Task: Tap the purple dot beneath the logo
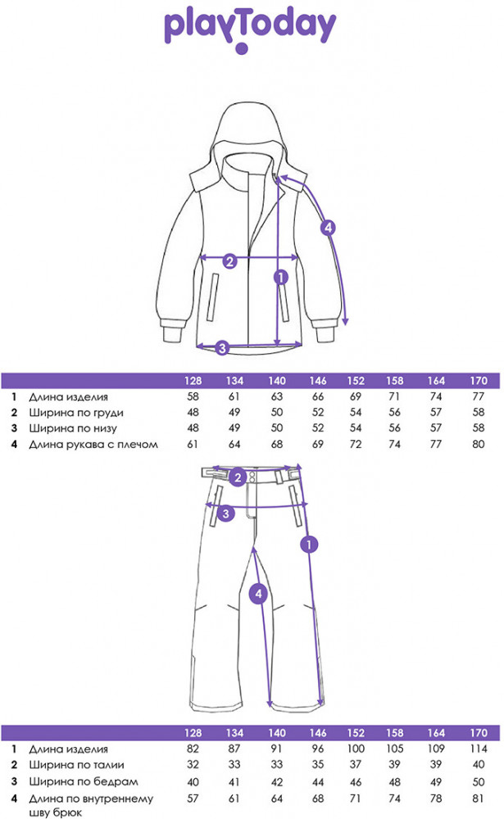pyautogui.click(x=241, y=49)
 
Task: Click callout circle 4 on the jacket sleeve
pyautogui.click(x=328, y=228)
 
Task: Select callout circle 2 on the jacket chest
pyautogui.click(x=230, y=261)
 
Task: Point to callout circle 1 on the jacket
pyautogui.click(x=281, y=277)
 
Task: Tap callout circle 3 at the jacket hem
pyautogui.click(x=222, y=347)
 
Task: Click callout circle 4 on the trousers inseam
pyautogui.click(x=258, y=593)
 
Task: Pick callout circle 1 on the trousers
pyautogui.click(x=309, y=545)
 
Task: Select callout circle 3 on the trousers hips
pyautogui.click(x=226, y=514)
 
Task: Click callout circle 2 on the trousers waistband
pyautogui.click(x=238, y=477)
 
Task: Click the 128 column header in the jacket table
pyautogui.click(x=193, y=381)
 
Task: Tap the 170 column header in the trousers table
pyautogui.click(x=479, y=733)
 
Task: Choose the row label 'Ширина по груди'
pyautogui.click(x=76, y=413)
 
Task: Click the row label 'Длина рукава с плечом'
pyautogui.click(x=93, y=445)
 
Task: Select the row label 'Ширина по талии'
pyautogui.click(x=76, y=765)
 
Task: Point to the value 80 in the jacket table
pyautogui.click(x=479, y=444)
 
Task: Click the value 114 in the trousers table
pyautogui.click(x=479, y=749)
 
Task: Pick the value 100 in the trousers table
pyautogui.click(x=356, y=749)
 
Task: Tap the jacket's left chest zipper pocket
pyautogui.click(x=212, y=296)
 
